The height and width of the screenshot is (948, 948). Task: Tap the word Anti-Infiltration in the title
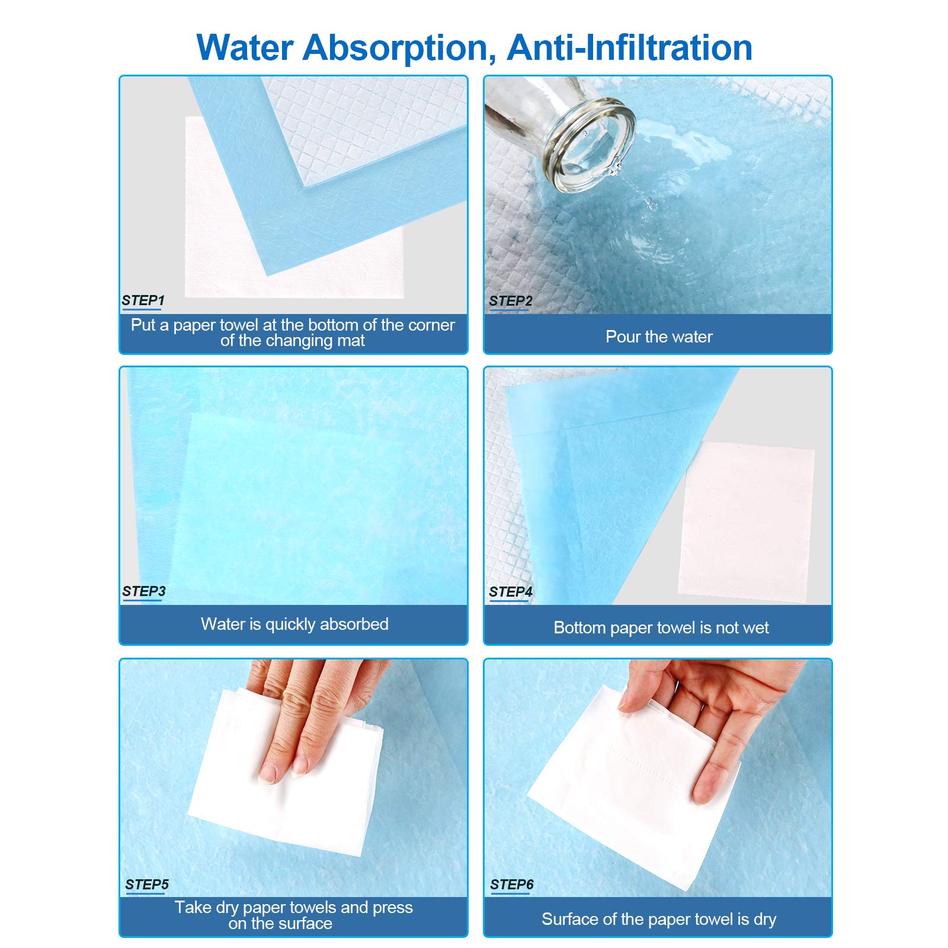[630, 47]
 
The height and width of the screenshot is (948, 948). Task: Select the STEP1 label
[143, 300]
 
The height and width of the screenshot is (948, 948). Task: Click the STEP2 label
[510, 301]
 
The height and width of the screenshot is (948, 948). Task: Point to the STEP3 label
[144, 591]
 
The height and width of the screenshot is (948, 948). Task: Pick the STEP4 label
[511, 592]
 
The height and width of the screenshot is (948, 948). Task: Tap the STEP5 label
[147, 885]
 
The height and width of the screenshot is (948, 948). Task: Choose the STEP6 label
[512, 885]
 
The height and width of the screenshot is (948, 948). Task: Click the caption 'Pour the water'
[659, 337]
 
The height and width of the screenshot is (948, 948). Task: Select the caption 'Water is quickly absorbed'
[294, 624]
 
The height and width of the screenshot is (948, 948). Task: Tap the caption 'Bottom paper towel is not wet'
[661, 628]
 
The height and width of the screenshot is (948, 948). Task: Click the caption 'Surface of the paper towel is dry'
[659, 919]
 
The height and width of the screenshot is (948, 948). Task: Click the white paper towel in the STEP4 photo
[747, 522]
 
